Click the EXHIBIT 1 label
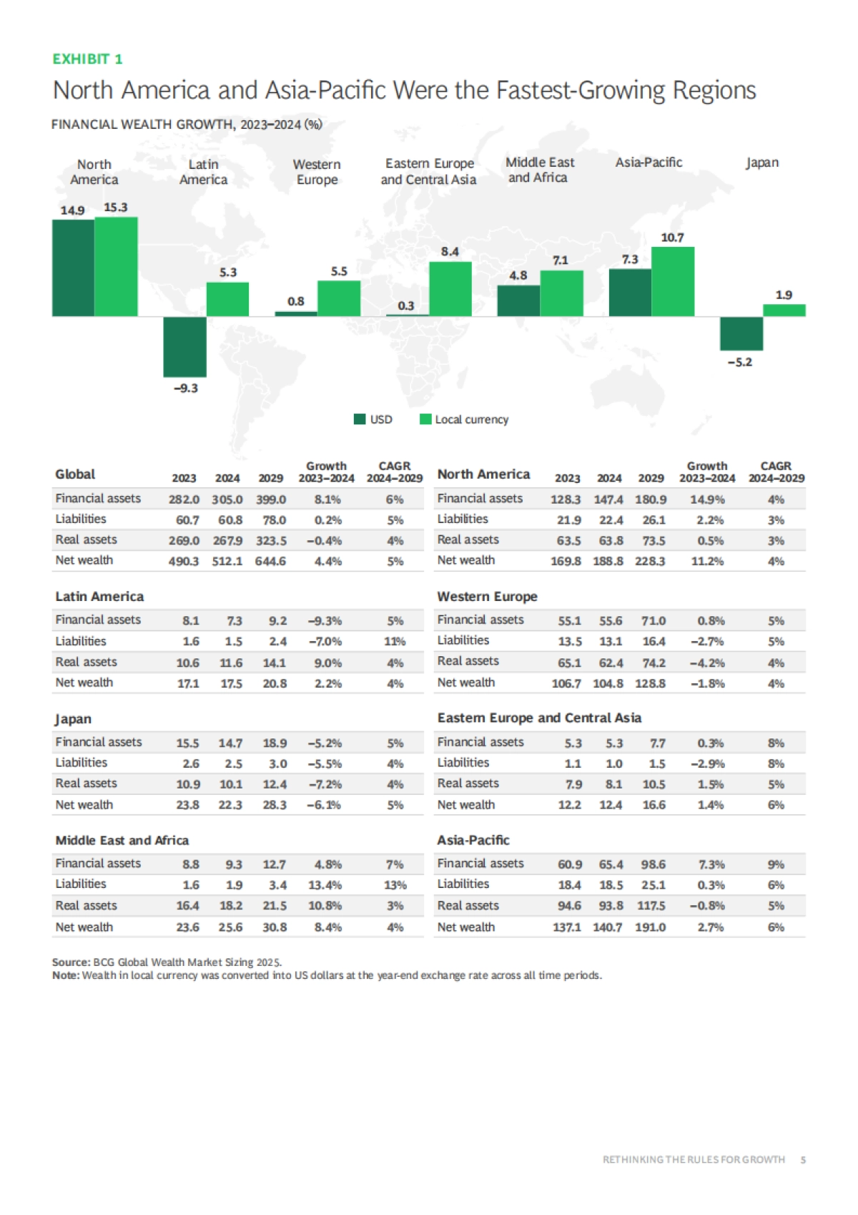click(x=87, y=59)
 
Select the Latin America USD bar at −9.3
click(x=184, y=346)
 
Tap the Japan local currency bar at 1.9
click(x=784, y=310)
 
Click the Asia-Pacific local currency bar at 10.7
click(x=672, y=281)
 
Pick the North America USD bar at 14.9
click(x=73, y=268)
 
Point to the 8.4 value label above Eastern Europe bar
click(x=450, y=251)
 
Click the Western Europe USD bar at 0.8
click(x=296, y=313)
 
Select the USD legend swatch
click(x=360, y=419)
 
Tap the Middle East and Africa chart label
click(x=539, y=170)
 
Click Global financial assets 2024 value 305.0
click(x=227, y=499)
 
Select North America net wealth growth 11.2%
click(x=707, y=561)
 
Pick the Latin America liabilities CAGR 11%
click(x=395, y=642)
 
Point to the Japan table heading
click(x=74, y=719)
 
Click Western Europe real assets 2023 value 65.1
click(x=569, y=663)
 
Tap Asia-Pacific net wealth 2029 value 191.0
click(x=651, y=927)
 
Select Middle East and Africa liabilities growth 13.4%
click(x=325, y=885)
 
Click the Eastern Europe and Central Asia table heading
click(x=539, y=718)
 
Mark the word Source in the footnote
click(x=71, y=962)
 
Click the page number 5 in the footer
click(x=803, y=1159)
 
